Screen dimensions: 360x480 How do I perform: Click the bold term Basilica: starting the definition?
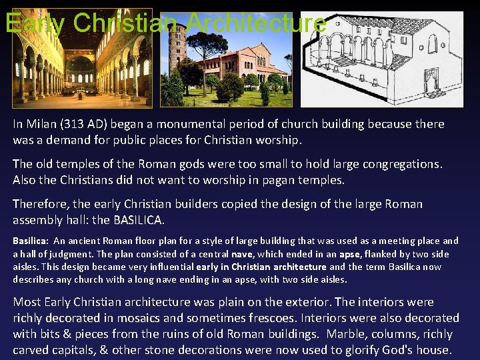(x=30, y=241)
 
